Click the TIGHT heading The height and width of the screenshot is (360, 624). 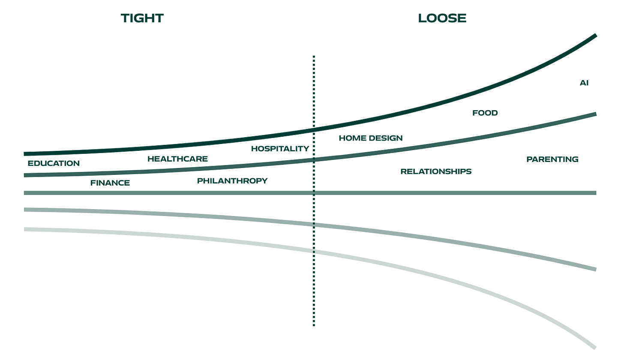[142, 18]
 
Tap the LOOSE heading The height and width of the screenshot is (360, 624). [442, 18]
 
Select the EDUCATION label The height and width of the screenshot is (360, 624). [54, 164]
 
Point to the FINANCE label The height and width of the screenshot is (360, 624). [110, 183]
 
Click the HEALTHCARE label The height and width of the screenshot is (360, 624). [177, 159]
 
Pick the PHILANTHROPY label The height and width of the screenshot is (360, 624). [232, 181]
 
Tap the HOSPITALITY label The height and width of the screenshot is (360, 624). [280, 149]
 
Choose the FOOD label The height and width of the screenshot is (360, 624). [485, 113]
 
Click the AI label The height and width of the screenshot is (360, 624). [584, 83]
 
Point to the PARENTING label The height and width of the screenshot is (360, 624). [552, 159]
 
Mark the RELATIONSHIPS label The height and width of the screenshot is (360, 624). [436, 171]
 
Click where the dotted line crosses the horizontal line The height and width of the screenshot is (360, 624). [314, 193]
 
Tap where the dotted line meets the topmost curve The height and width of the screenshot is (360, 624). [314, 129]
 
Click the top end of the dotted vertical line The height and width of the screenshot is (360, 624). [314, 56]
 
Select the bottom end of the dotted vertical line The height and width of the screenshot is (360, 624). [314, 326]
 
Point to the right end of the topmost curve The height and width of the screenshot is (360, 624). [596, 34]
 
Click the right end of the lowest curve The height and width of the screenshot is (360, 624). [595, 347]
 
